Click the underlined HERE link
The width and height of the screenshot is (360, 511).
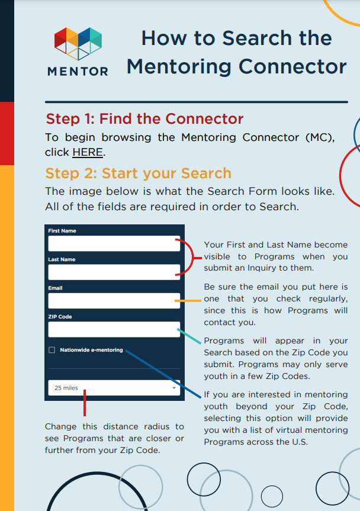(x=88, y=153)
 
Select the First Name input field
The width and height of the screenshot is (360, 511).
(x=114, y=243)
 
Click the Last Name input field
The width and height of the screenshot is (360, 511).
(x=114, y=272)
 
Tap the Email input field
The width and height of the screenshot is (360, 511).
(x=114, y=301)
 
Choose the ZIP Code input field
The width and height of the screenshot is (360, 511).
(x=114, y=329)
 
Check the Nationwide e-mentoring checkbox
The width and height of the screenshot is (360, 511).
(x=52, y=350)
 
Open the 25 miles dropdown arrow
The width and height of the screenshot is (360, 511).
(x=174, y=388)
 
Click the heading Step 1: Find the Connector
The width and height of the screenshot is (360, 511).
(x=144, y=119)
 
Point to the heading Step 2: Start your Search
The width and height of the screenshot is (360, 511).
(x=138, y=173)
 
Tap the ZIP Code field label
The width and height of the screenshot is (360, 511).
(x=60, y=317)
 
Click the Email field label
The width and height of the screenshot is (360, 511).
(x=55, y=288)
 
